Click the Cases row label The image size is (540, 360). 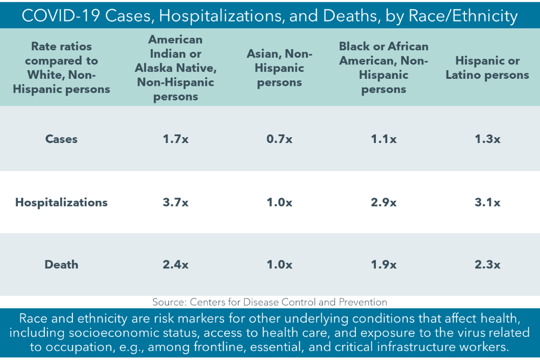[x=62, y=139]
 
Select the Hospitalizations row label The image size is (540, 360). [x=62, y=202]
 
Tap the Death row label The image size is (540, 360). [x=62, y=264]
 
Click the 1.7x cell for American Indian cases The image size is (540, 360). [x=175, y=139]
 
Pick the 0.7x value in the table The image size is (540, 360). [x=279, y=139]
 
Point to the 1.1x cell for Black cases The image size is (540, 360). [x=383, y=139]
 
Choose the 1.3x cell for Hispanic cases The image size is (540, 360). [x=487, y=139]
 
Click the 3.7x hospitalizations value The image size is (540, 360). [x=175, y=202]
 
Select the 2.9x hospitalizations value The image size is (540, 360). [x=383, y=202]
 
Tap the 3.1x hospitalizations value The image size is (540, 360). [x=487, y=202]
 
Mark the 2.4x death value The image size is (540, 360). [x=175, y=264]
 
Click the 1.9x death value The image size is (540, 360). [x=383, y=264]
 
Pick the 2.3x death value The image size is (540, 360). [x=487, y=264]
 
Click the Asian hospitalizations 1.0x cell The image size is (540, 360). [x=279, y=202]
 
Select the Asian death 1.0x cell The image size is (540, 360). [x=279, y=264]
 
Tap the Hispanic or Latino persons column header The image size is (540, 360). [x=487, y=68]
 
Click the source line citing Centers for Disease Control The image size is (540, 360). [x=269, y=302]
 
